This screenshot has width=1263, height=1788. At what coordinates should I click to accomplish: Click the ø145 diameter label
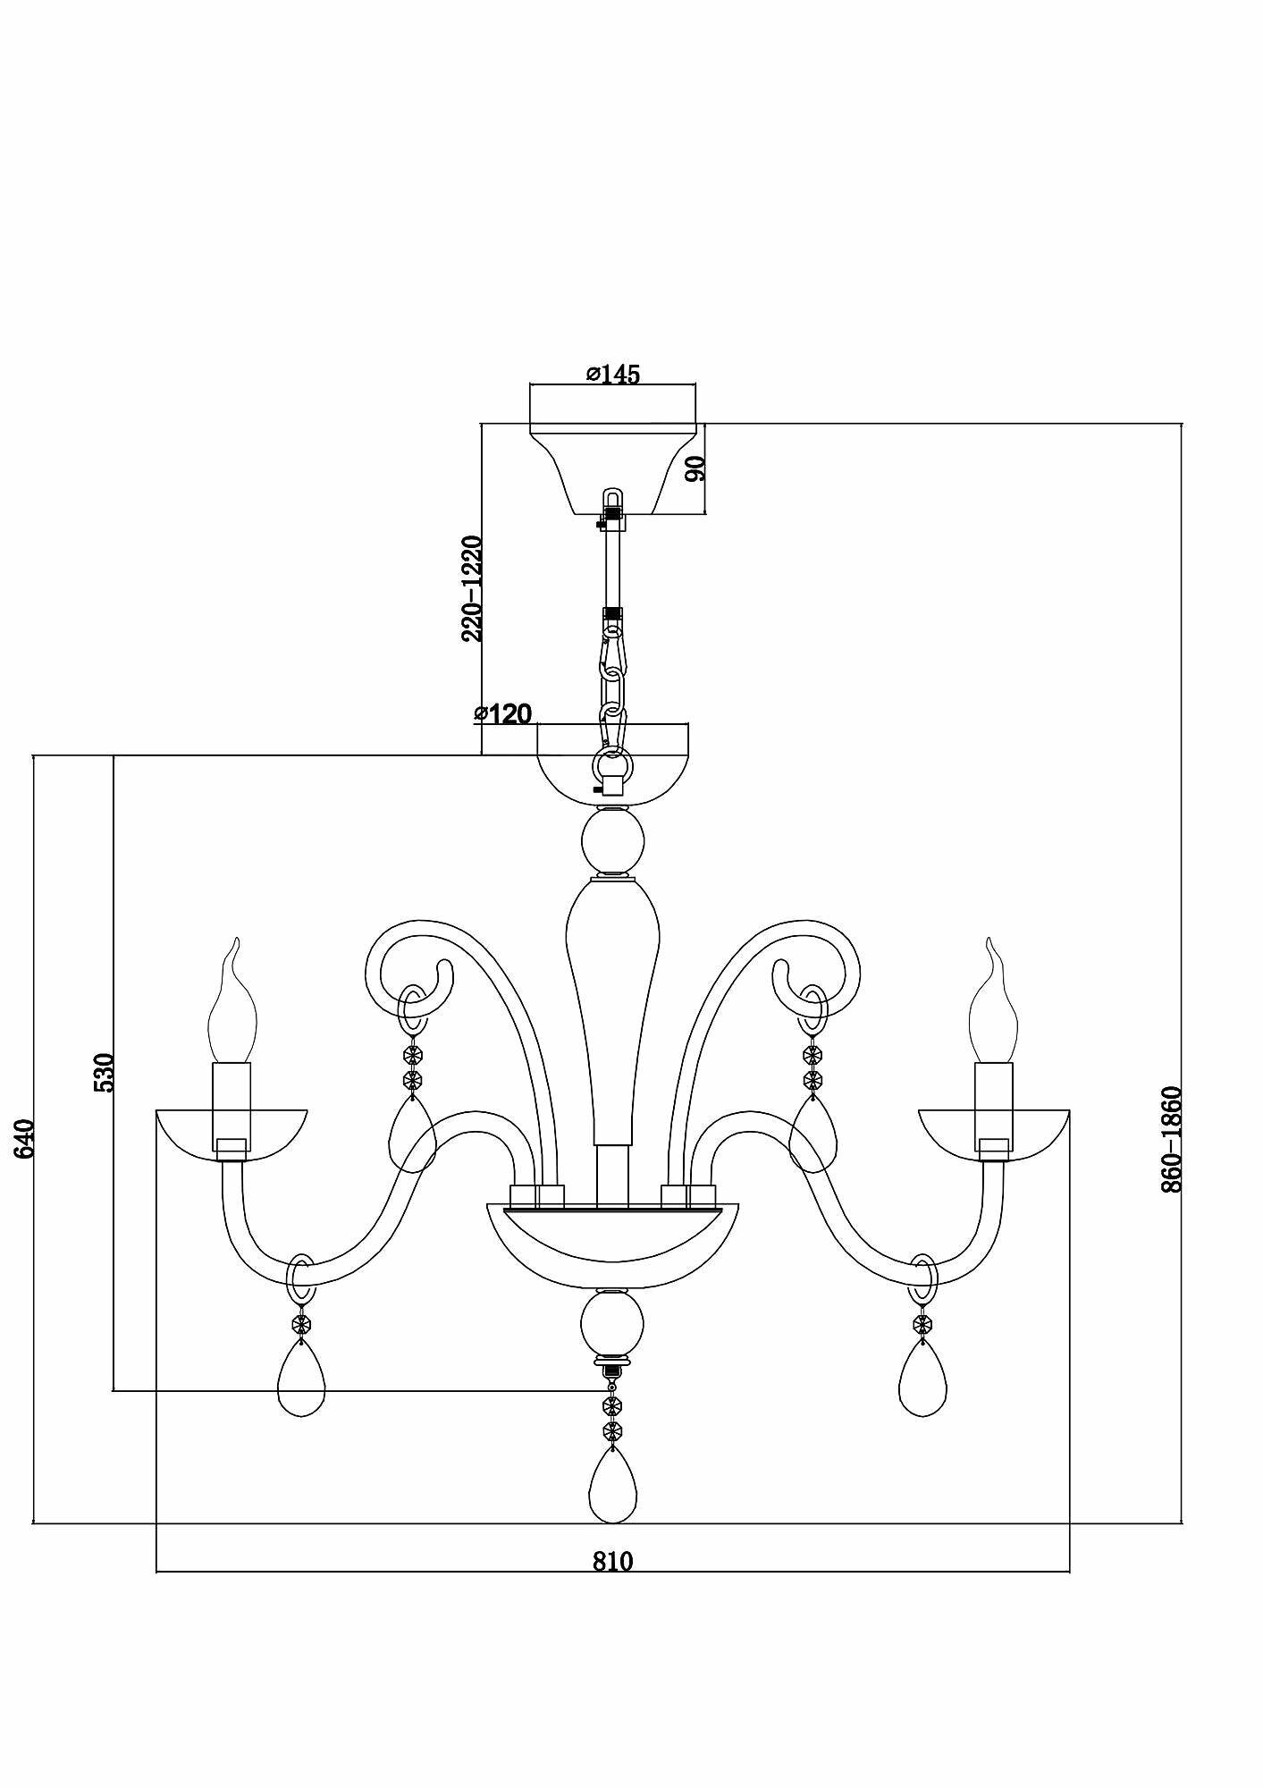(x=613, y=374)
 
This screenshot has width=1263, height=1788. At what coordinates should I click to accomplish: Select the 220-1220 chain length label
(x=472, y=588)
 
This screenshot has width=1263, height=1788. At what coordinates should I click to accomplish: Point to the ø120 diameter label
(x=503, y=713)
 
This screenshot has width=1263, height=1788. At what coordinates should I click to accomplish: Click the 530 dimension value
(x=105, y=1072)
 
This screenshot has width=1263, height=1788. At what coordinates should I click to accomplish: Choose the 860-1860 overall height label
(x=1172, y=1139)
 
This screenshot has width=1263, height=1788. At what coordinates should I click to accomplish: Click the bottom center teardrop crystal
(x=613, y=1494)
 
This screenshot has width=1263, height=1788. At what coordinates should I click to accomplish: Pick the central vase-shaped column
(x=613, y=992)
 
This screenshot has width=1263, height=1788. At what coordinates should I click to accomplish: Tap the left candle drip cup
(x=232, y=1134)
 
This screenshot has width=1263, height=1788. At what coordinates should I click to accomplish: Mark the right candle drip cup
(x=994, y=1134)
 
